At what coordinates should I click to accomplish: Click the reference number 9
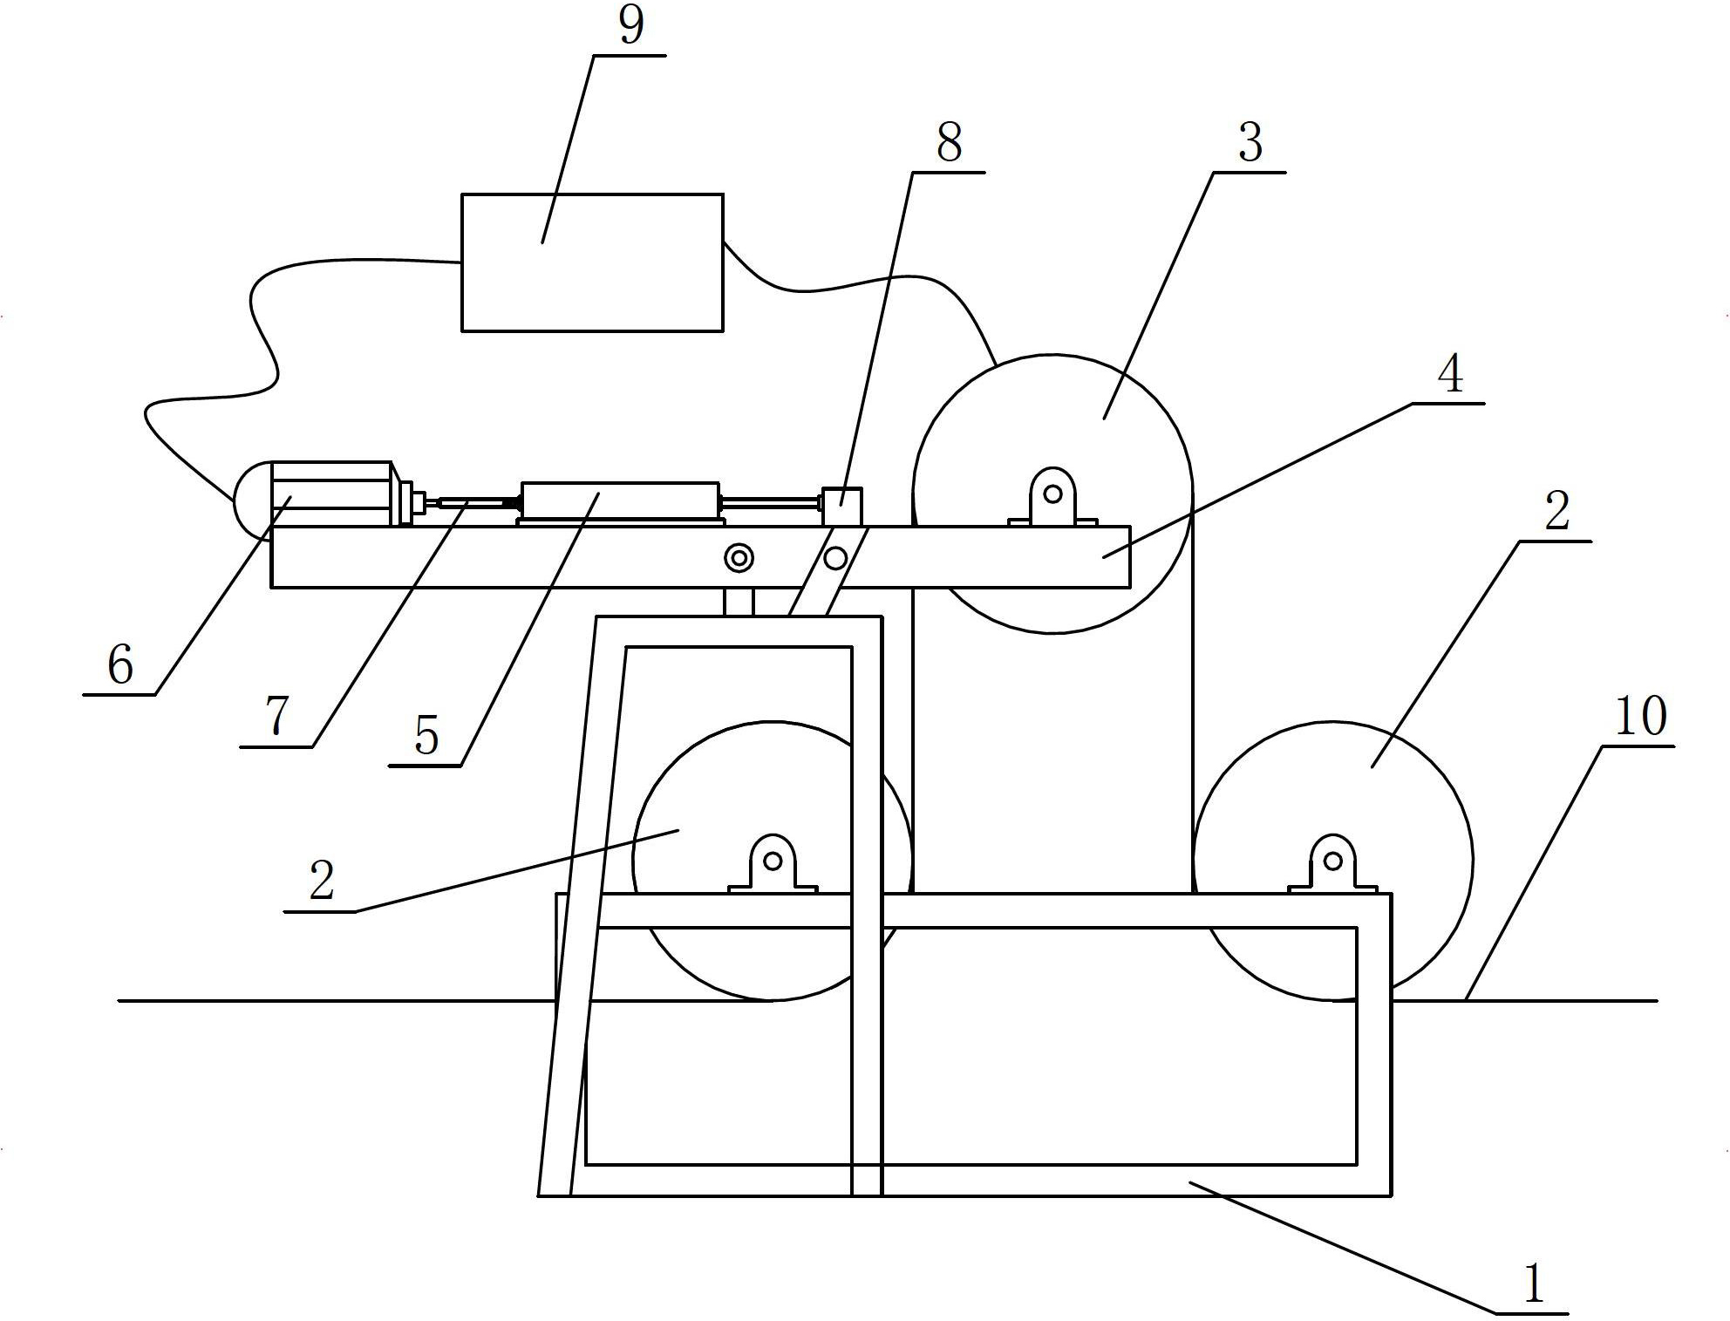(x=630, y=25)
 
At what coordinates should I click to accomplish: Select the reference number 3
(x=1250, y=142)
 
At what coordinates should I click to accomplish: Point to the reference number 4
(x=1449, y=374)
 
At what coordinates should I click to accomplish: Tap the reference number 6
(x=120, y=666)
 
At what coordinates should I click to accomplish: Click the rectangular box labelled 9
(x=592, y=262)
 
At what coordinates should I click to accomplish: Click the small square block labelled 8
(x=843, y=507)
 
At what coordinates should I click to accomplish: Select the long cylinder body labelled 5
(x=619, y=503)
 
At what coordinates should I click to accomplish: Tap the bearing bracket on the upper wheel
(x=1052, y=498)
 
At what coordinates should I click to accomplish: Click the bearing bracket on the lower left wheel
(x=773, y=864)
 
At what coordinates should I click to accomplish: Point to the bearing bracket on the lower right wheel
(x=1332, y=864)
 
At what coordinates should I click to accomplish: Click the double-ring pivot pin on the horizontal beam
(x=740, y=558)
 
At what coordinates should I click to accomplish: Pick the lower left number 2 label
(x=322, y=881)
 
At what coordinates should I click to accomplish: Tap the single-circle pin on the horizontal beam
(x=837, y=557)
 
